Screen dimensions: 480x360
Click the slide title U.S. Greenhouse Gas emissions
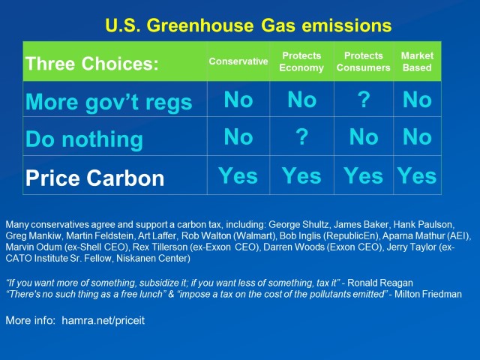click(248, 25)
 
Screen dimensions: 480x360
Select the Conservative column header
click(238, 61)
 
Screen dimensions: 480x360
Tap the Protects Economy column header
click(301, 61)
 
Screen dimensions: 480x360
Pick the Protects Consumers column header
click(363, 61)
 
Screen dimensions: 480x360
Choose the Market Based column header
click(417, 61)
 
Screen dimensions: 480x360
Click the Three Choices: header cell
click(92, 64)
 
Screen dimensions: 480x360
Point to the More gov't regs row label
click(109, 102)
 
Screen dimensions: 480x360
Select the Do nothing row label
click(84, 139)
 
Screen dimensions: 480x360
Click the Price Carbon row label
click(95, 178)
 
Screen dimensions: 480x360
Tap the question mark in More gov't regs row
click(364, 100)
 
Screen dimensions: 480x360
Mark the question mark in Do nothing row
click(301, 136)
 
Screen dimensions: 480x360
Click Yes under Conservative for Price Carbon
click(238, 176)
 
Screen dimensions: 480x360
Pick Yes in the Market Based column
click(417, 176)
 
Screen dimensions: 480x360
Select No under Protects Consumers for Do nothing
click(364, 136)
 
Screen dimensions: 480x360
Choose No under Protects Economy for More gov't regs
click(301, 100)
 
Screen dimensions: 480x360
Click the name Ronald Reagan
click(380, 283)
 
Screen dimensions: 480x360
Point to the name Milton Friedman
click(428, 294)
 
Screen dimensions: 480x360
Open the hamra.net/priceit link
click(103, 320)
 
